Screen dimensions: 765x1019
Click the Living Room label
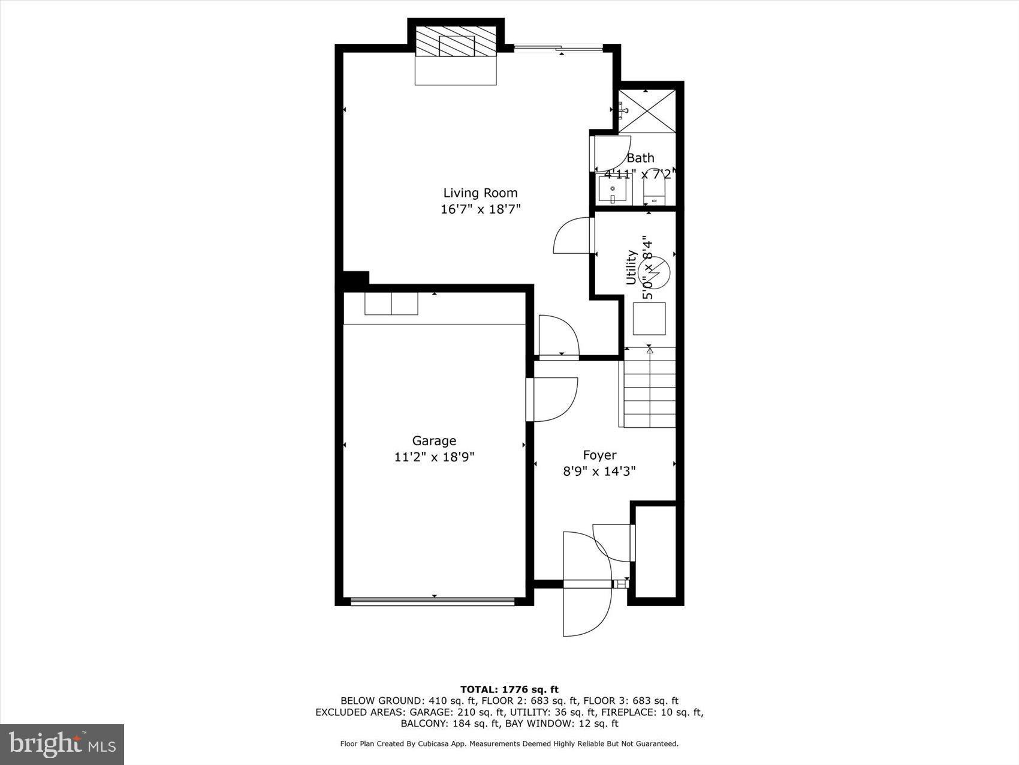pyautogui.click(x=480, y=193)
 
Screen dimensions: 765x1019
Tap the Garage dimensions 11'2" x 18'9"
pyautogui.click(x=434, y=457)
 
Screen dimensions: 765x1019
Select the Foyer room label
pyautogui.click(x=599, y=455)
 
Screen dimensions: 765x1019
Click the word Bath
pyautogui.click(x=640, y=158)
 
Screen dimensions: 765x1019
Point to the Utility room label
pyautogui.click(x=631, y=268)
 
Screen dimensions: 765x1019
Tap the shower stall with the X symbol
pyautogui.click(x=647, y=111)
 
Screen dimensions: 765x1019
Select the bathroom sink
pyautogui.click(x=612, y=190)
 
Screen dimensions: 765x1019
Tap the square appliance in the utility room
pyautogui.click(x=650, y=319)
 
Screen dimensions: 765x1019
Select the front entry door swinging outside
pyautogui.click(x=586, y=609)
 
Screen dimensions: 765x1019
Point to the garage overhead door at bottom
pyautogui.click(x=433, y=601)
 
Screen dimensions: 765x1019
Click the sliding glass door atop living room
pyautogui.click(x=557, y=49)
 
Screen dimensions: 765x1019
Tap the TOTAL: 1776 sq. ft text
pyautogui.click(x=509, y=689)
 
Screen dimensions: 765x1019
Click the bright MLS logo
pyautogui.click(x=62, y=744)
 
